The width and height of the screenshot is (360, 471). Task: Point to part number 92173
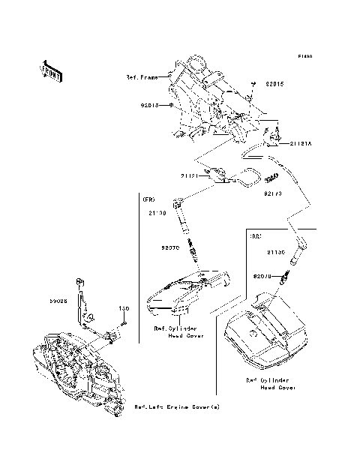271,193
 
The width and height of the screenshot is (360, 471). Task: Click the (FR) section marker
148,199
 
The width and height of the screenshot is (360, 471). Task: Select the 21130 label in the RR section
277,253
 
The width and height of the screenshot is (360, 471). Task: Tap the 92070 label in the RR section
263,276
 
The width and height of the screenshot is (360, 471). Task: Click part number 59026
58,299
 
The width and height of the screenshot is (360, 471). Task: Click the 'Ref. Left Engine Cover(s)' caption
177,406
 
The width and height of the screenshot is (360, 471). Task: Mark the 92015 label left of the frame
152,106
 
